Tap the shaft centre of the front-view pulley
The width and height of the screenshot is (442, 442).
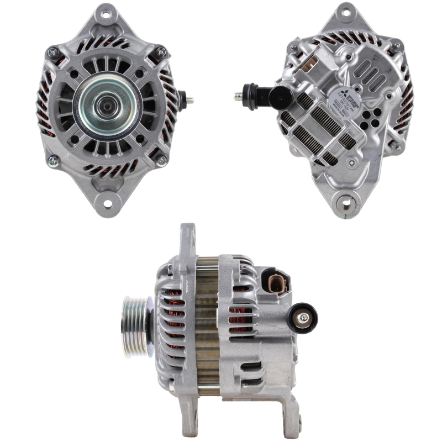click(x=104, y=104)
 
